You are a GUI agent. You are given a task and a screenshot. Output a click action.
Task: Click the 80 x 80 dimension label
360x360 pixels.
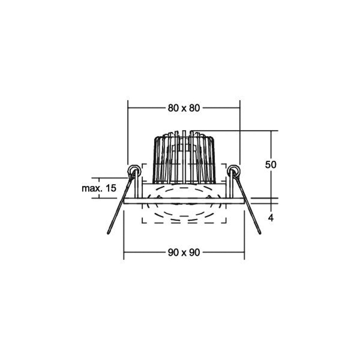(184, 108)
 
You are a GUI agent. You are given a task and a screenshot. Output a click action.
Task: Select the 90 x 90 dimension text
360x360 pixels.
(184, 252)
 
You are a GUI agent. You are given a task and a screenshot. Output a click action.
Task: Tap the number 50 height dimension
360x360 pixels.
(271, 165)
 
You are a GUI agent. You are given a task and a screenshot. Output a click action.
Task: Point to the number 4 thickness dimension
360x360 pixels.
(271, 218)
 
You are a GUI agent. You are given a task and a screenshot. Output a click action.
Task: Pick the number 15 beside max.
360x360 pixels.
(111, 188)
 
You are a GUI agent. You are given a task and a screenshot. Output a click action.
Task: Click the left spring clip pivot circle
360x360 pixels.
(134, 171)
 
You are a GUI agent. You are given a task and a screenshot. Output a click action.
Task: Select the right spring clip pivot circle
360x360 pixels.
(234, 171)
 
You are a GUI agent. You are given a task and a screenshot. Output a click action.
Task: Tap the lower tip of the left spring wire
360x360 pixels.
(108, 233)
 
